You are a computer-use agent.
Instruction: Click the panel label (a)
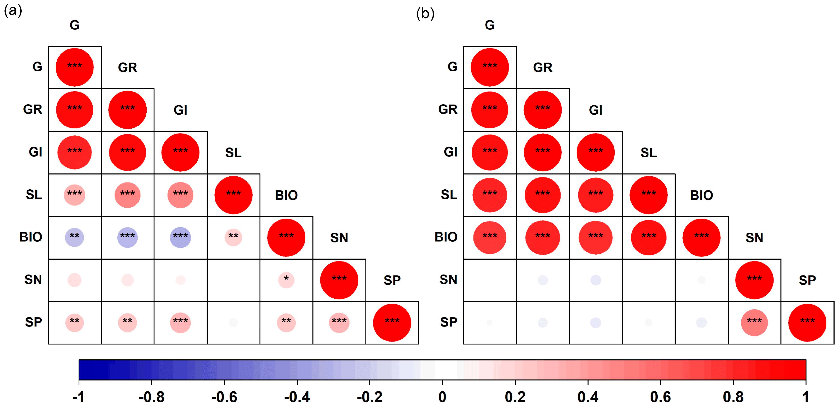13,11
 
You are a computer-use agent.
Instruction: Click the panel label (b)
425,14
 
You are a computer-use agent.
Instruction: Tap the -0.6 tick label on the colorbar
224,396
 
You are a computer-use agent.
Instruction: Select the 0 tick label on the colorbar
442,396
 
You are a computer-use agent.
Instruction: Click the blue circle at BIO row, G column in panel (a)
74,237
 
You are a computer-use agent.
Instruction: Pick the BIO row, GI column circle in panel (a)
180,237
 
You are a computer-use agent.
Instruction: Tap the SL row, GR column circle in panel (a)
127,195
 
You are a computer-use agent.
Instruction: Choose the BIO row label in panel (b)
446,237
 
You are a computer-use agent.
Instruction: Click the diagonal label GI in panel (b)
595,110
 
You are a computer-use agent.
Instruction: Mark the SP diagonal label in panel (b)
807,280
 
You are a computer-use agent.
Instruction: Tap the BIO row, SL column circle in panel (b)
648,237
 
